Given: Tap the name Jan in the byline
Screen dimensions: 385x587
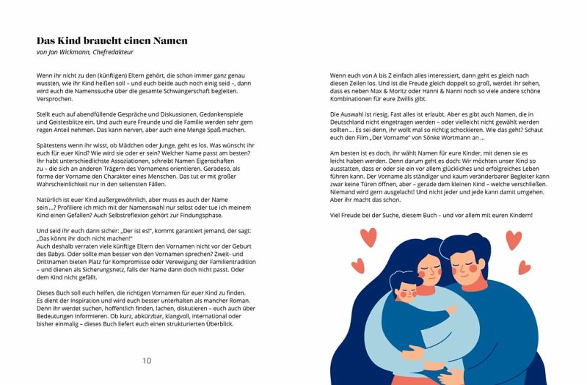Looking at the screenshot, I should point(53,53).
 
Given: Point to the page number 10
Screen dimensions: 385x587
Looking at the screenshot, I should point(147,360).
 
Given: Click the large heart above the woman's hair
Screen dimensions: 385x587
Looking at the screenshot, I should point(368,237).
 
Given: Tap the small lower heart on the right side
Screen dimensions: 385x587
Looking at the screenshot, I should point(524,268).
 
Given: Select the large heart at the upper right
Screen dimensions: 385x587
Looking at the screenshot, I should point(514,240).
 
